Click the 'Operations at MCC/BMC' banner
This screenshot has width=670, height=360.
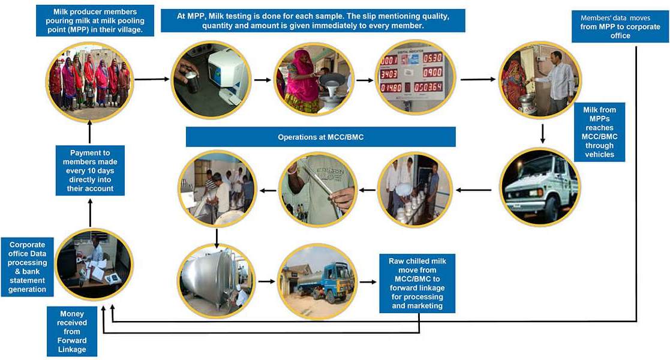(320, 137)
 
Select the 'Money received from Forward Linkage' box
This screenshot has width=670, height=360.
(72, 331)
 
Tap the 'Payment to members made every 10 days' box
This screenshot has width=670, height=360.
(90, 170)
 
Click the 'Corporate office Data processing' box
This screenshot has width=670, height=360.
(28, 268)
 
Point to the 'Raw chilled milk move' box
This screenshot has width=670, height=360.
(417, 283)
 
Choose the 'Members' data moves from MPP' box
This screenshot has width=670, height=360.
(620, 27)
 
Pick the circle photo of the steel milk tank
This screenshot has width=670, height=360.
(217, 280)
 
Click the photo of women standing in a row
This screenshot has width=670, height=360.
(90, 80)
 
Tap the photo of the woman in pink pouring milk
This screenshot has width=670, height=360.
(313, 79)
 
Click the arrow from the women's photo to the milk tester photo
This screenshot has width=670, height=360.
(149, 79)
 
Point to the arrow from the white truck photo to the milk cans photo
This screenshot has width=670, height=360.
(473, 190)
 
